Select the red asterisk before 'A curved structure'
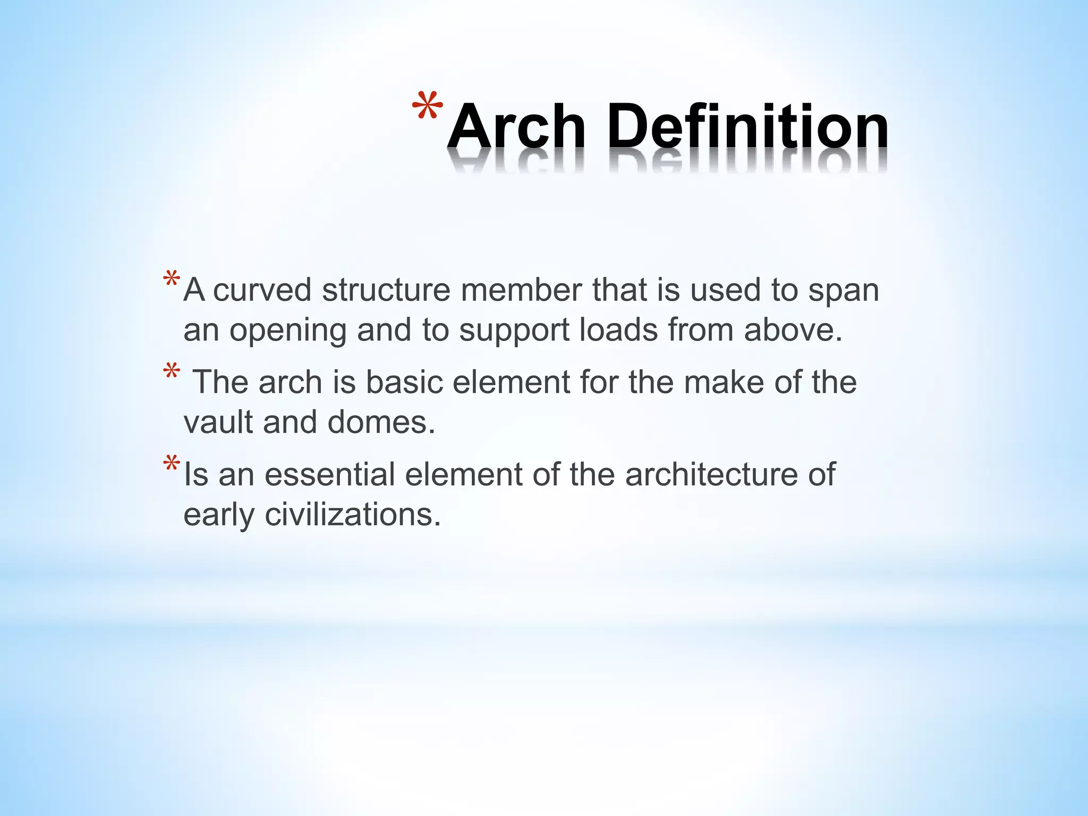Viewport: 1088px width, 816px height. [171, 280]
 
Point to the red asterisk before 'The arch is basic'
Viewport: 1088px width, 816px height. [171, 371]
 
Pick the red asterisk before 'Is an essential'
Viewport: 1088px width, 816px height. [171, 464]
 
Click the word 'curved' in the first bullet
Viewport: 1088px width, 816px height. [262, 290]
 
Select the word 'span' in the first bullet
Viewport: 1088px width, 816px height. [843, 291]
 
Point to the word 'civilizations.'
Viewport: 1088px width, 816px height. [353, 514]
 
